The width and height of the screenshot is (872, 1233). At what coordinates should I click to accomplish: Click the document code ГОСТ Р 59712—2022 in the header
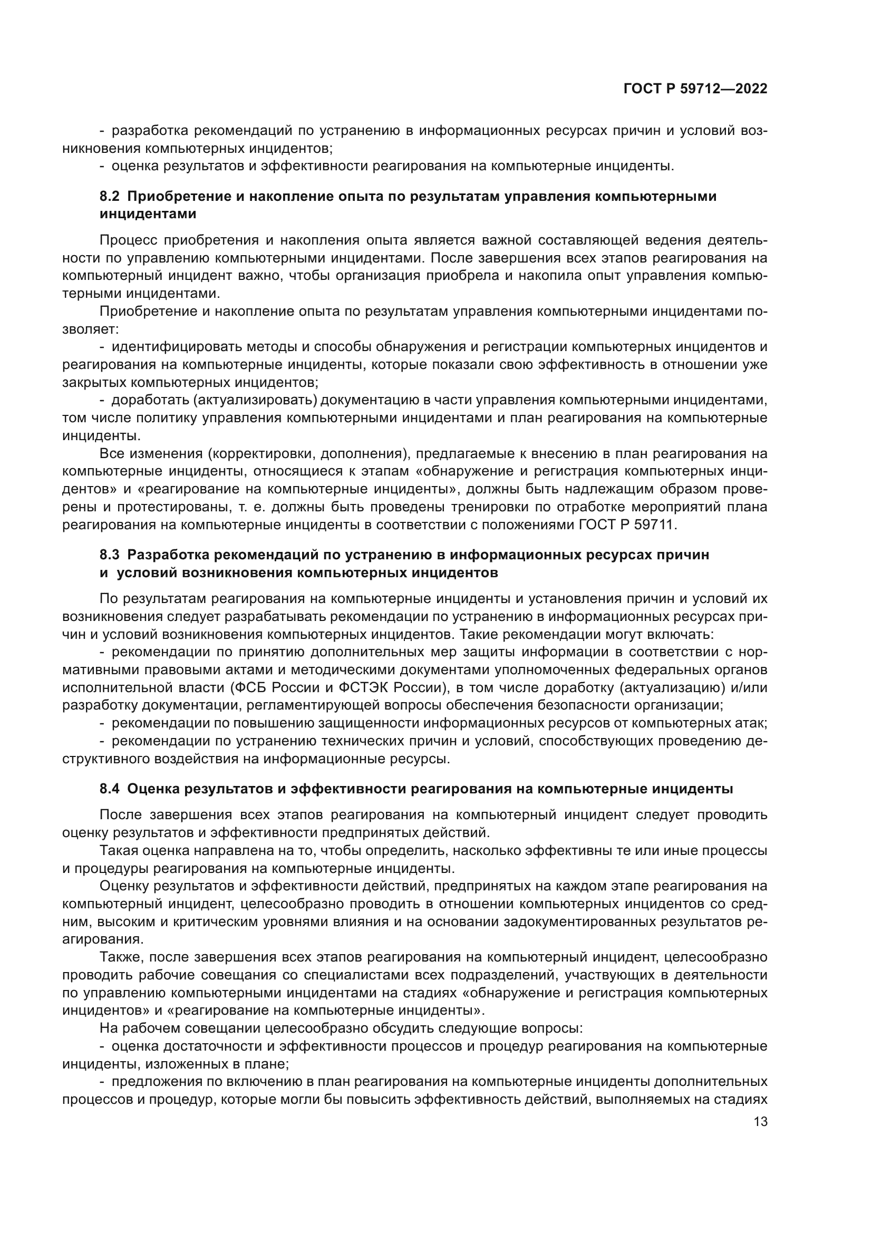point(695,89)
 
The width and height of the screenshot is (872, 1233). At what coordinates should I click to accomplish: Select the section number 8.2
point(110,197)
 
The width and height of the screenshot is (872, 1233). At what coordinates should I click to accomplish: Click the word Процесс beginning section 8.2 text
point(127,240)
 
